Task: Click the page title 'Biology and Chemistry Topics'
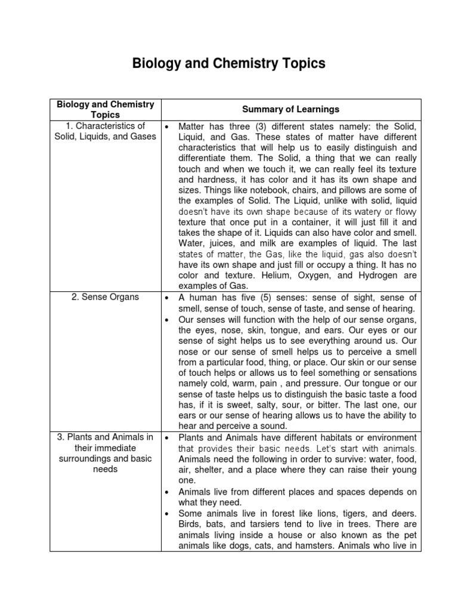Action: (x=229, y=64)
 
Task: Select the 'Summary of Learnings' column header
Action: (x=290, y=109)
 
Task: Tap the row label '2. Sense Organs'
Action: (x=104, y=297)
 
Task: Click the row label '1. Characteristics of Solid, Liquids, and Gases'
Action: (x=105, y=131)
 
